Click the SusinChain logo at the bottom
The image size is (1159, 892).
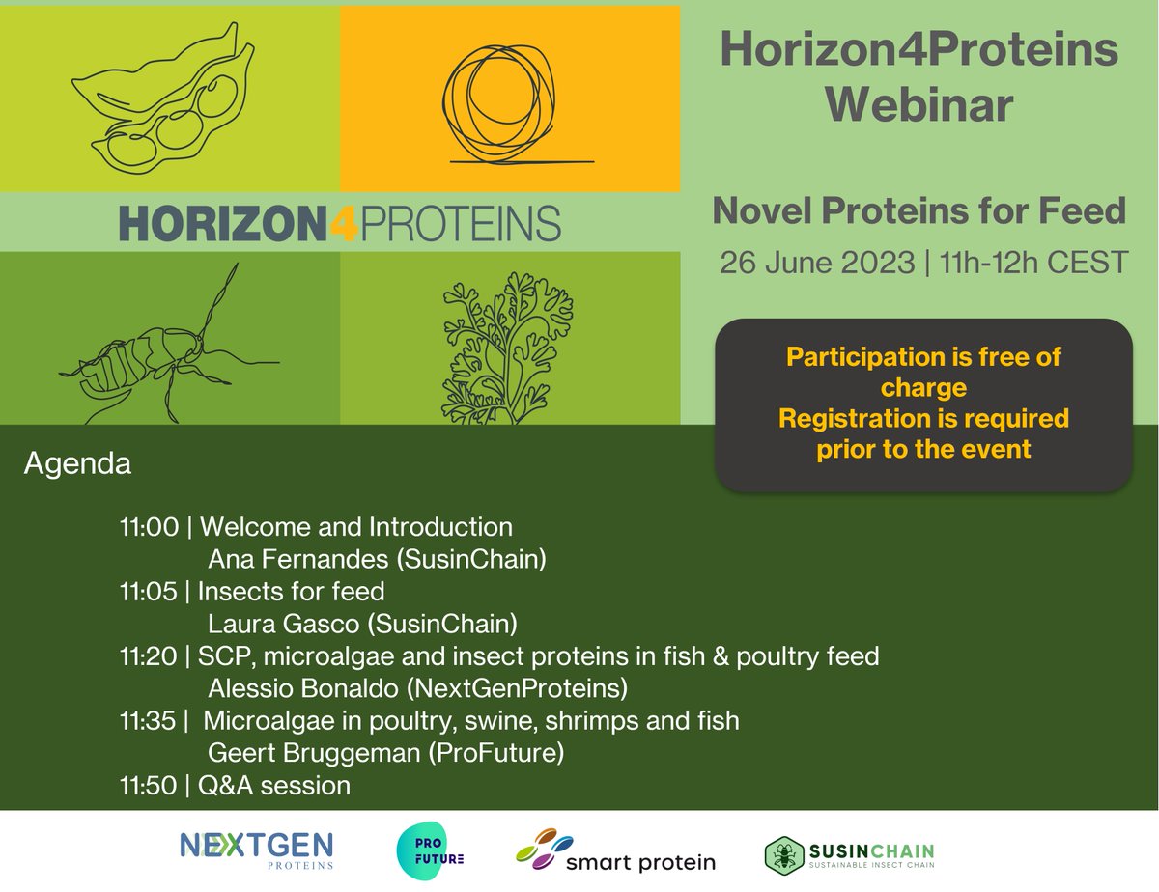pos(850,852)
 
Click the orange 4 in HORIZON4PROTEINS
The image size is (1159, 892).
pos(347,221)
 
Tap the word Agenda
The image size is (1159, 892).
pos(76,463)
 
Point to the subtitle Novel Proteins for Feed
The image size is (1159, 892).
pos(919,211)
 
